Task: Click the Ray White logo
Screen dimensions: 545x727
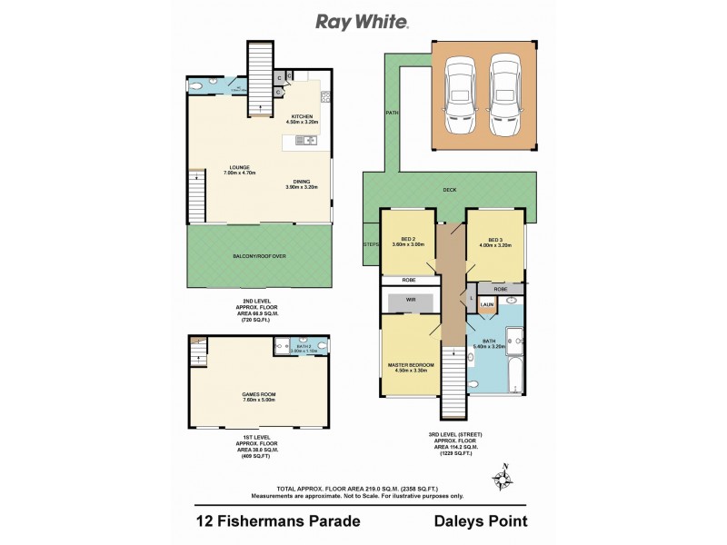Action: (362, 21)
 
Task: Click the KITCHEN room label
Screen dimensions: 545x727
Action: (302, 117)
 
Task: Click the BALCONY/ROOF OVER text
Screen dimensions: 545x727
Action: (261, 257)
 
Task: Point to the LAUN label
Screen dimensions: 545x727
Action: (487, 304)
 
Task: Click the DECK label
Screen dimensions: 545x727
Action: (449, 190)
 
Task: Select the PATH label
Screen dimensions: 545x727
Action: (392, 113)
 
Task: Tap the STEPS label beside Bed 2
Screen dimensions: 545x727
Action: (371, 243)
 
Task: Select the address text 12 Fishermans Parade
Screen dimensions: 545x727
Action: (279, 521)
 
